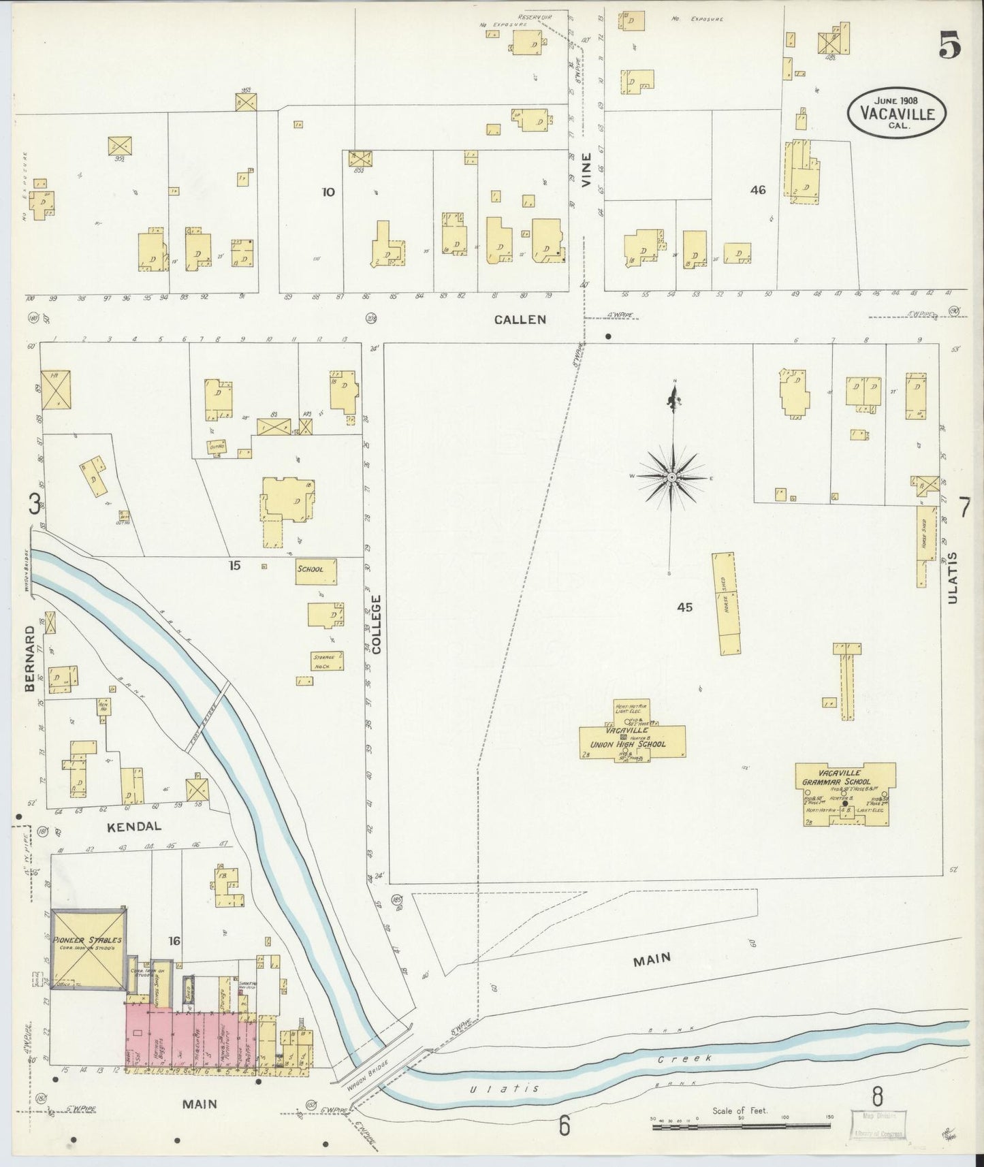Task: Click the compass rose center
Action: [x=672, y=478]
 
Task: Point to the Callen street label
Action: [x=520, y=319]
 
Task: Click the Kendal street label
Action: [x=134, y=827]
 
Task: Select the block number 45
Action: [x=684, y=607]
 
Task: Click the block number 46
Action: [x=757, y=190]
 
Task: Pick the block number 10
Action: [x=328, y=192]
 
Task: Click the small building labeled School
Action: [x=309, y=569]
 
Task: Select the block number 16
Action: [x=174, y=941]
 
